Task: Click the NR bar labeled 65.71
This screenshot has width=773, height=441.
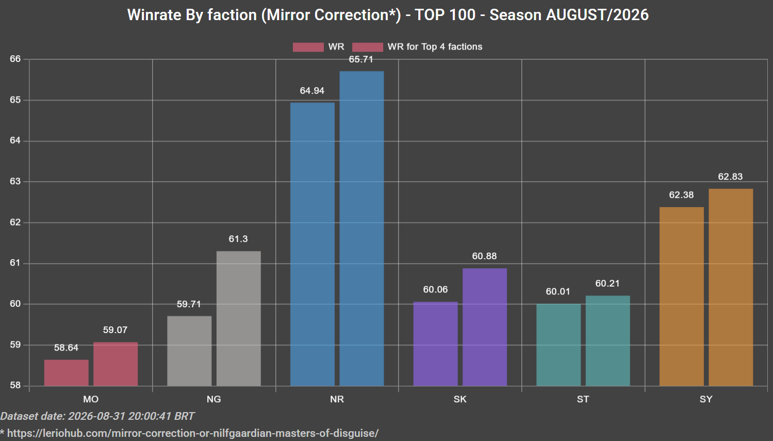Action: pos(361,228)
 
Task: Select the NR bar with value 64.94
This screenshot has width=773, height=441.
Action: pos(313,244)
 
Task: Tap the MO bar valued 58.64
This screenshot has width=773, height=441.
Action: pos(66,373)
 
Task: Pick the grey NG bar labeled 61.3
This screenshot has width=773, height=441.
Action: pos(238,318)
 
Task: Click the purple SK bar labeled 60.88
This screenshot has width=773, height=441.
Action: pos(485,327)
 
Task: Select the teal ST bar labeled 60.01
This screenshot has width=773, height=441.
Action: pos(558,345)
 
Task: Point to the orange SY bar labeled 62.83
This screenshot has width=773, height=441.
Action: pos(731,287)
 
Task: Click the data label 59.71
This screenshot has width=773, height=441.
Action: pos(189,304)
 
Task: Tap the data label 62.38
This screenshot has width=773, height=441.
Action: pos(681,195)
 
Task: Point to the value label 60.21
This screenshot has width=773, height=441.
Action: pos(607,283)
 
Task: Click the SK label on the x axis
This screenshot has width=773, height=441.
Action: pos(460,399)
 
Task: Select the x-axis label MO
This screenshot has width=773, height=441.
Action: pos(91,399)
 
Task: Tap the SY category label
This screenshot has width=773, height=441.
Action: pos(706,399)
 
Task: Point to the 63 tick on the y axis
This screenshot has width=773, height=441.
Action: pos(15,181)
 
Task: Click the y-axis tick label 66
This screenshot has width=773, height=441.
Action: pos(15,59)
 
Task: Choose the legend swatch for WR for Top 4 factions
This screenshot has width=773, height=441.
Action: pos(368,47)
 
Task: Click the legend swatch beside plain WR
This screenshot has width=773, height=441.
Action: pos(308,47)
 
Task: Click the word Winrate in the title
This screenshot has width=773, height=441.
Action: pos(155,15)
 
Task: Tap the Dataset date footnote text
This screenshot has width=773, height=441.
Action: pos(97,416)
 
